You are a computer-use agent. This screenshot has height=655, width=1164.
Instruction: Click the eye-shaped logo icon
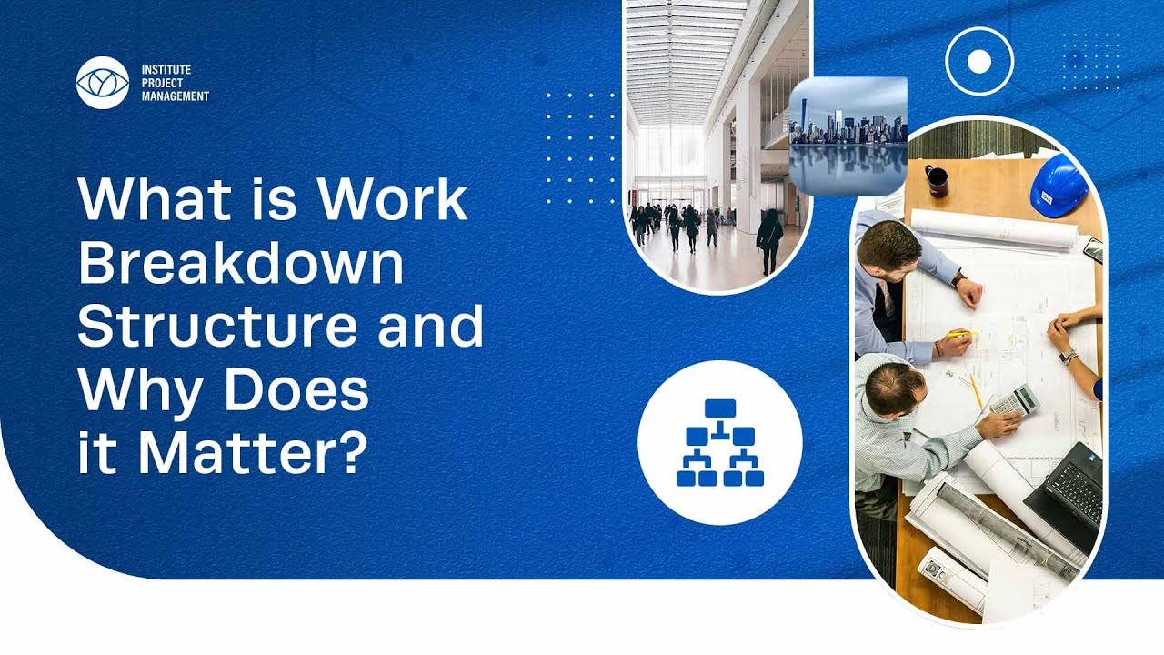103,83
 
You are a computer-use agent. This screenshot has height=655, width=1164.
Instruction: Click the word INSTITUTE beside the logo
166,70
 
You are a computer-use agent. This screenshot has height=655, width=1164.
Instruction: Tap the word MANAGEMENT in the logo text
176,96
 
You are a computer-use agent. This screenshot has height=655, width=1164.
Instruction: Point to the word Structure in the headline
217,326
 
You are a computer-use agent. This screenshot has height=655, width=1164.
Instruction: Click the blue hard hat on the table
1060,186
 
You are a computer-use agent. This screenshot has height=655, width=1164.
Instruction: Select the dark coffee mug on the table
937,180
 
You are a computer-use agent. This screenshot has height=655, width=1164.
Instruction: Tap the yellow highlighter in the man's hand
962,334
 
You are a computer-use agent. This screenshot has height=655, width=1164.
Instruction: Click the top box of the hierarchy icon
720,408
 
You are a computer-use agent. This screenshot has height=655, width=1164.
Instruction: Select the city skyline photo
848,136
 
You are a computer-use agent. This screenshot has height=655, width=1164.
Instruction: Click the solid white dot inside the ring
979,62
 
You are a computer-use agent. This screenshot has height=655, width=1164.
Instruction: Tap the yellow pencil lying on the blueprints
977,391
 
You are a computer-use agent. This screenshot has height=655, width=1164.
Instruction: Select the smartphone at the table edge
1093,250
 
